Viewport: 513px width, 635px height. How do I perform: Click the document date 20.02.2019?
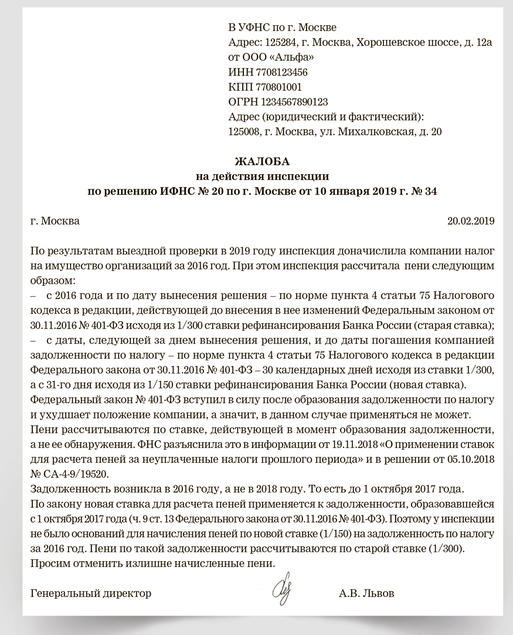point(471,221)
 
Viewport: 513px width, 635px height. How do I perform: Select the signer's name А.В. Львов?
point(366,593)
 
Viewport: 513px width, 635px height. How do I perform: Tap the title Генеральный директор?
point(90,593)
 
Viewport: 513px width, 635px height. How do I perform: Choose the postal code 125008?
point(243,131)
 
